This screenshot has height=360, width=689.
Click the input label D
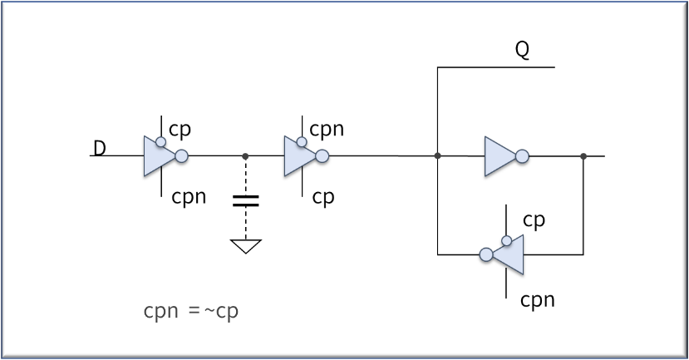tap(100, 148)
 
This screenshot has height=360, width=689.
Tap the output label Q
tap(522, 50)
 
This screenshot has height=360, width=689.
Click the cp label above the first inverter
tap(180, 130)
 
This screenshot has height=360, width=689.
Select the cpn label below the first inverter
tap(189, 197)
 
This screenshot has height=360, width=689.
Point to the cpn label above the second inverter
tap(327, 129)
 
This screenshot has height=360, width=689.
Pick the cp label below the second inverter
tap(323, 197)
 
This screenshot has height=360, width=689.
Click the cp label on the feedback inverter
tap(534, 220)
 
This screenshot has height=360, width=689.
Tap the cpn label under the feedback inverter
tap(538, 300)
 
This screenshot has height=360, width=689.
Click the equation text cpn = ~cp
tap(191, 312)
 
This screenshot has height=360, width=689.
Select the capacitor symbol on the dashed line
tap(246, 201)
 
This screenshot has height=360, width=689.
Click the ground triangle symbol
tap(246, 246)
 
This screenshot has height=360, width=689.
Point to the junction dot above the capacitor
tap(245, 156)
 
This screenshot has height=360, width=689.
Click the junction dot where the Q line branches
tap(438, 155)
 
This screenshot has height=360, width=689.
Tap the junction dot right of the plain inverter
tap(583, 156)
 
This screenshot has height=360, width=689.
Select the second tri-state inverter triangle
tap(300, 156)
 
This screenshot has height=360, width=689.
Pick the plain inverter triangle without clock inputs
tap(500, 156)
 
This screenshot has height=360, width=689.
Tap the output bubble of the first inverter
tap(181, 156)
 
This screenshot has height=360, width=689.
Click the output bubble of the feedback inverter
tap(486, 254)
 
